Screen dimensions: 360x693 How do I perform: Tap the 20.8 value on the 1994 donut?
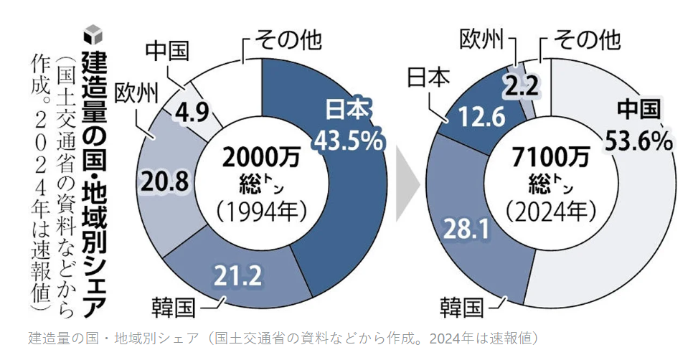click(166, 183)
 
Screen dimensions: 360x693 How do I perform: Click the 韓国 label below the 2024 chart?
click(462, 308)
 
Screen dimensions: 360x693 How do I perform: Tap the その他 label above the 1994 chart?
click(283, 40)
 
